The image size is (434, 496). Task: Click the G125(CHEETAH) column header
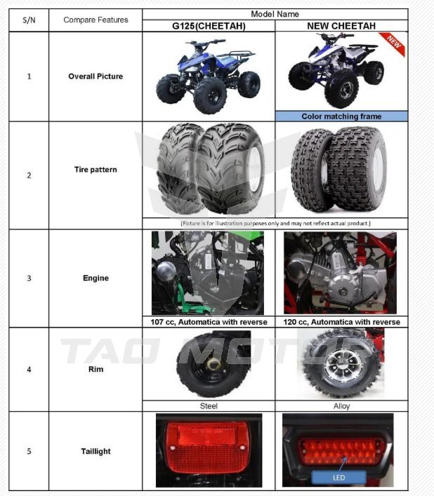209,26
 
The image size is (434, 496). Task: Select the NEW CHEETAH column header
341,26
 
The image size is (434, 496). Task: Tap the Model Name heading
275,14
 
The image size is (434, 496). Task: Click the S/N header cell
29,20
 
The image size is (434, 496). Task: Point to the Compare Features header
96,20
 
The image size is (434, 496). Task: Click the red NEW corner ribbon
393,43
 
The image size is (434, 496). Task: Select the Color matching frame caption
341,116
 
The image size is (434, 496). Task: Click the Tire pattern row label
96,170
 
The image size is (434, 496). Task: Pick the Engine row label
96,278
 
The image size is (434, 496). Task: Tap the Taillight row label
96,451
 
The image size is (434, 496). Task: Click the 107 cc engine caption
209,322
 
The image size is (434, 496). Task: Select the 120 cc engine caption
341,322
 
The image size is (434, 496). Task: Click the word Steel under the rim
209,405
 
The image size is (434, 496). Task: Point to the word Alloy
341,405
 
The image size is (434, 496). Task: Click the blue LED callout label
338,477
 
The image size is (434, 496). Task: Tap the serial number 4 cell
29,370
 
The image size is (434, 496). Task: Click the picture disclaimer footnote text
275,223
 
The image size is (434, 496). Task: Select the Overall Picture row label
96,76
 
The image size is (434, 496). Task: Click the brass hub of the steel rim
213,364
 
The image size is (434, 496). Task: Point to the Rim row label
96,369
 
